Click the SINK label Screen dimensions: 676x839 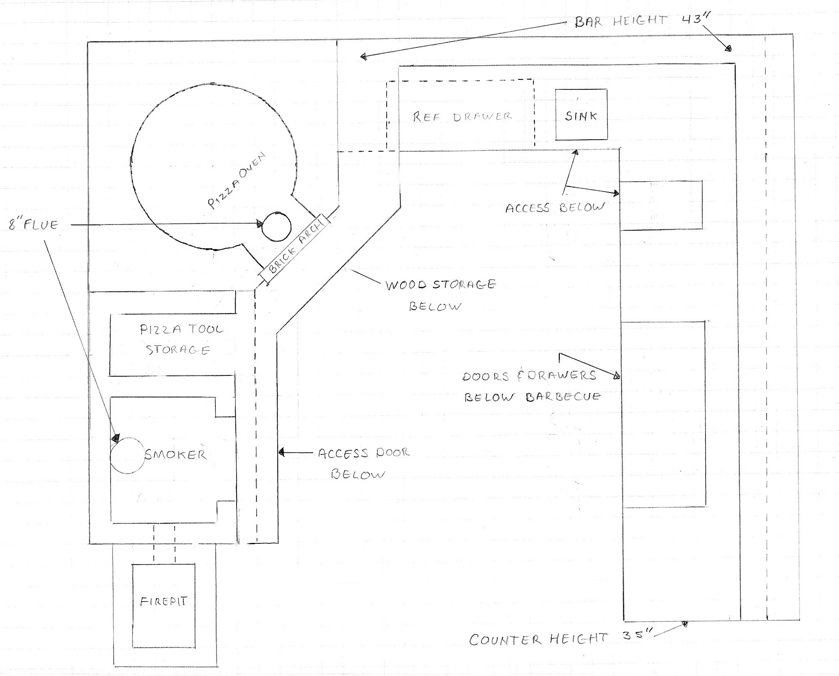581,116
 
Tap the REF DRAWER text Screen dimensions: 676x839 462,117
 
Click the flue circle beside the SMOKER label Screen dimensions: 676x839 126,456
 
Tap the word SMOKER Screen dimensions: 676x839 175,454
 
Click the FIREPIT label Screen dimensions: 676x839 163,602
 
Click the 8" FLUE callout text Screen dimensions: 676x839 33,225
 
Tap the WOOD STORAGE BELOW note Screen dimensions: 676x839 440,295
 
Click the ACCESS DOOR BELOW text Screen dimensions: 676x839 363,463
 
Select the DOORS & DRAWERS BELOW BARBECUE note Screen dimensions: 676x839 532,386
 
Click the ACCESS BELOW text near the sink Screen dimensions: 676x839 555,207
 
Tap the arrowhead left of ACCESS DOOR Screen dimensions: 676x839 281,452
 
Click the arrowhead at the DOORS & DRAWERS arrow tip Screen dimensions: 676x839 617,376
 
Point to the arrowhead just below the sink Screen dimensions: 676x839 576,153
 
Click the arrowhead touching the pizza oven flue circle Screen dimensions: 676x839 260,225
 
